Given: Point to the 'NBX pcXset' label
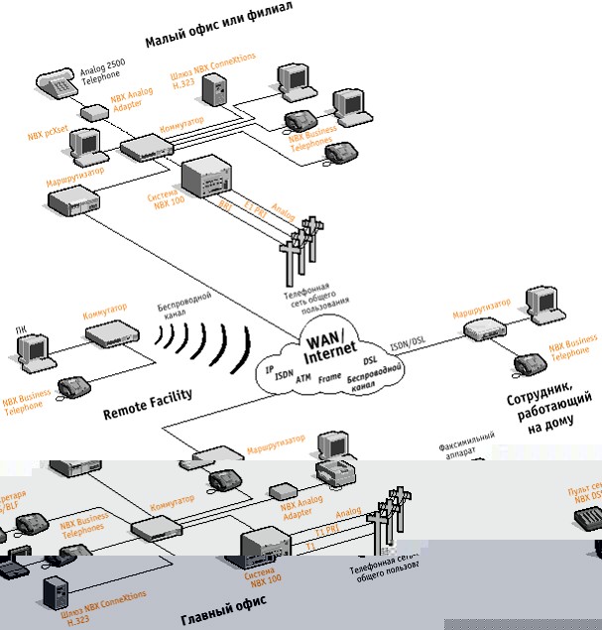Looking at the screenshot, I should pyautogui.click(x=48, y=128).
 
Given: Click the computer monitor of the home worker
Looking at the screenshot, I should pyautogui.click(x=544, y=302).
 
